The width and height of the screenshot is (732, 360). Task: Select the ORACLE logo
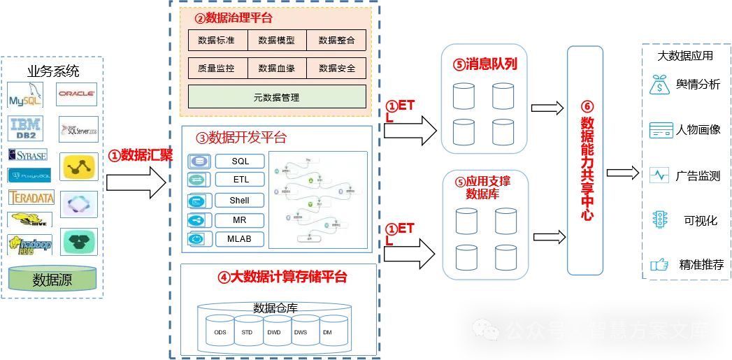pyautogui.click(x=77, y=93)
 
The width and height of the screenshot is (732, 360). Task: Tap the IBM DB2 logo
pyautogui.click(x=25, y=129)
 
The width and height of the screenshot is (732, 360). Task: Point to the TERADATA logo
pyautogui.click(x=31, y=198)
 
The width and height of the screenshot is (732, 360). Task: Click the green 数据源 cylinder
pyautogui.click(x=52, y=280)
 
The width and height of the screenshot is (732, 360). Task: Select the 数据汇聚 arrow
pyautogui.click(x=137, y=182)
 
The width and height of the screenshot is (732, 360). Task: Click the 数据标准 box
pyautogui.click(x=218, y=40)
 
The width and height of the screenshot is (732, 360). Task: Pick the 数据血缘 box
pyautogui.click(x=277, y=68)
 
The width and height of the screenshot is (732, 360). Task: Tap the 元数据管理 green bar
pyautogui.click(x=277, y=97)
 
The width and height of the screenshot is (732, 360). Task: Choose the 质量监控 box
pyautogui.click(x=218, y=68)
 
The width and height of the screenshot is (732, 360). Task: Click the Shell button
pyautogui.click(x=240, y=201)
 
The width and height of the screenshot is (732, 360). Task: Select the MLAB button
pyautogui.click(x=240, y=239)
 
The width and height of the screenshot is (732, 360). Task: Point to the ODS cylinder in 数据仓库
pyautogui.click(x=220, y=332)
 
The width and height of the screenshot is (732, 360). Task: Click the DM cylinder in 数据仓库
pyautogui.click(x=327, y=332)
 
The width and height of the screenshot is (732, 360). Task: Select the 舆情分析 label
pyautogui.click(x=697, y=85)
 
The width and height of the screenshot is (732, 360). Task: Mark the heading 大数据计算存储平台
pyautogui.click(x=282, y=277)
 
